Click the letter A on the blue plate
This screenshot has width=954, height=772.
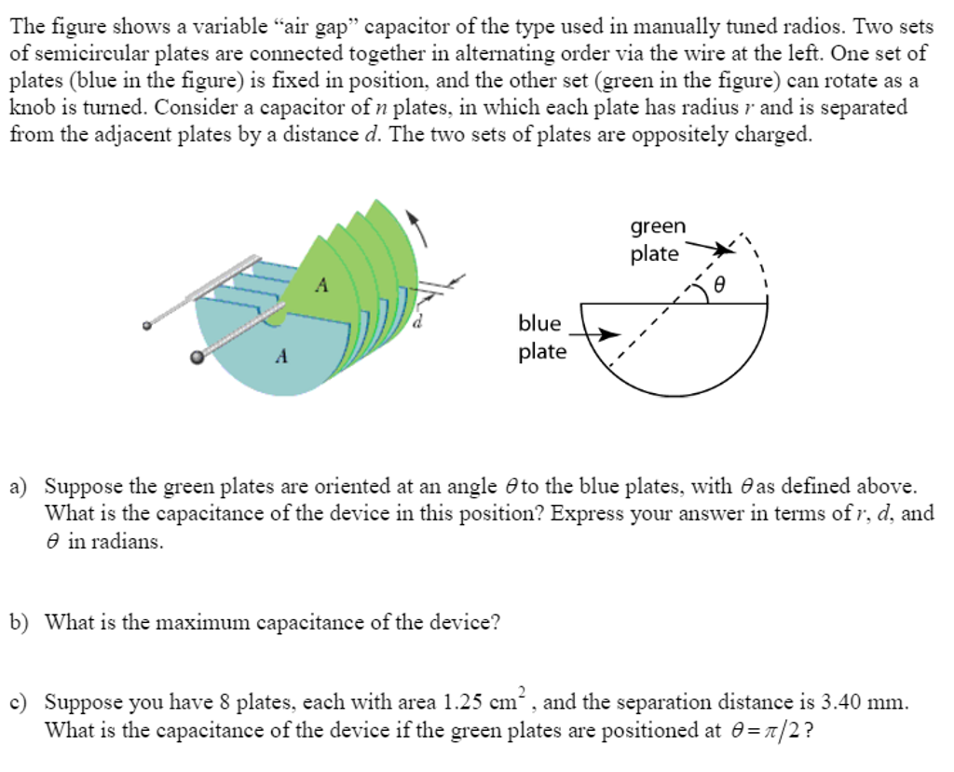click(282, 355)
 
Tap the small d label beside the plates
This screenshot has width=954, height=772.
click(418, 321)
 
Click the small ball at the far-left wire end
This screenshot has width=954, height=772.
click(147, 326)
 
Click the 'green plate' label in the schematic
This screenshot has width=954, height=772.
click(657, 240)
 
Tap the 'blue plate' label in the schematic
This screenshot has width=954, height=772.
click(541, 337)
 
